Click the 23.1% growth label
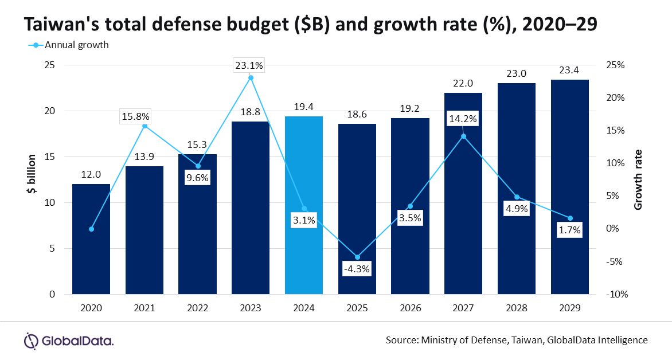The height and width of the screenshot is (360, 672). [249, 66]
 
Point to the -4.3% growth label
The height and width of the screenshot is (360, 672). [357, 268]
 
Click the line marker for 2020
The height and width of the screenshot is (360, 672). [91, 229]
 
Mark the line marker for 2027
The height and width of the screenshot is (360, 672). [463, 136]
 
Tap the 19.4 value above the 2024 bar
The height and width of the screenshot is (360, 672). [304, 107]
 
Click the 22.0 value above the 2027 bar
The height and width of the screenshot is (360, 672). [463, 83]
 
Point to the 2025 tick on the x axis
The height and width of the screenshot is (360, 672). [357, 308]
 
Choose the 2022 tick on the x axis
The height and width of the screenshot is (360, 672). [197, 308]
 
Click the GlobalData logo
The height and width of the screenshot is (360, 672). [68, 341]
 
